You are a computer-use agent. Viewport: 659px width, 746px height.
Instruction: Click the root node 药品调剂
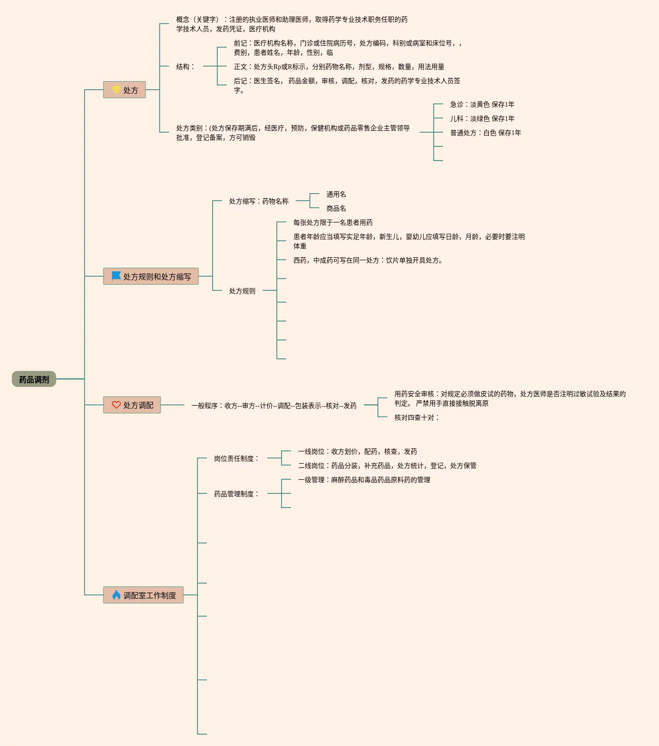(34, 379)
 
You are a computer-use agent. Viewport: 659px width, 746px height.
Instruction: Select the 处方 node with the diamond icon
(125, 90)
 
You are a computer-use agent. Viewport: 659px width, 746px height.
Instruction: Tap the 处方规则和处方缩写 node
(151, 277)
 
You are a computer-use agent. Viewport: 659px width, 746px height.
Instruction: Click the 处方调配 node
(132, 405)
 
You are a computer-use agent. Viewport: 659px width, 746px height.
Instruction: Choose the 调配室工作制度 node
(144, 595)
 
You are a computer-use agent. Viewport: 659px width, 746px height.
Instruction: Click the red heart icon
(116, 405)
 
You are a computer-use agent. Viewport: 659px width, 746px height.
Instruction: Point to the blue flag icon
(116, 276)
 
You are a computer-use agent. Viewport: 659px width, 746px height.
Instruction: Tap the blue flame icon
(116, 595)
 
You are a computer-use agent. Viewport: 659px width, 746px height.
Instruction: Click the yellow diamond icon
(116, 89)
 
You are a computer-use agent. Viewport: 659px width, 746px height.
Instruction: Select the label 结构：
(186, 67)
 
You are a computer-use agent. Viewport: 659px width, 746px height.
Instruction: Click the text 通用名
(336, 194)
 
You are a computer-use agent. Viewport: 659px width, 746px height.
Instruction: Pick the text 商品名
(336, 208)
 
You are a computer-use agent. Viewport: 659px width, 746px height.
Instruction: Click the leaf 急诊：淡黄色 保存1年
(482, 104)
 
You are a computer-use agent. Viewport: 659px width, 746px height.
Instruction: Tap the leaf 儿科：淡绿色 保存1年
(482, 119)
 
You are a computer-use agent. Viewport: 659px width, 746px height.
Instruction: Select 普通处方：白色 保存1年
(485, 133)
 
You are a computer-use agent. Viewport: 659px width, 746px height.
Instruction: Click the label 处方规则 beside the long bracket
(242, 291)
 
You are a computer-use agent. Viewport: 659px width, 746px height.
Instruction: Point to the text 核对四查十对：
(417, 417)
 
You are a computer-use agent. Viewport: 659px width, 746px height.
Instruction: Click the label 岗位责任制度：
(237, 458)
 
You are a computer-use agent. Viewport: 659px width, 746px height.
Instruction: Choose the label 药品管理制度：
(237, 494)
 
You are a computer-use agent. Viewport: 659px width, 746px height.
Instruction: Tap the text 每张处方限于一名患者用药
(333, 222)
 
